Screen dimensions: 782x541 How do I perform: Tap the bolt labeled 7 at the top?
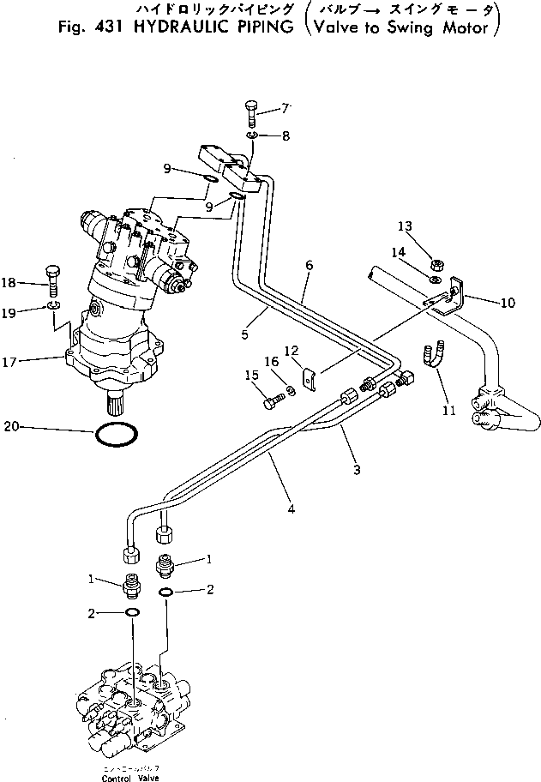[x=249, y=112]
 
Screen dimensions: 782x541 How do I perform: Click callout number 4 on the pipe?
[x=291, y=509]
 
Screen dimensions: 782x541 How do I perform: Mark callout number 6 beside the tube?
[x=308, y=266]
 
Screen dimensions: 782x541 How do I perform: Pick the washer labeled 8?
[x=249, y=136]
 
